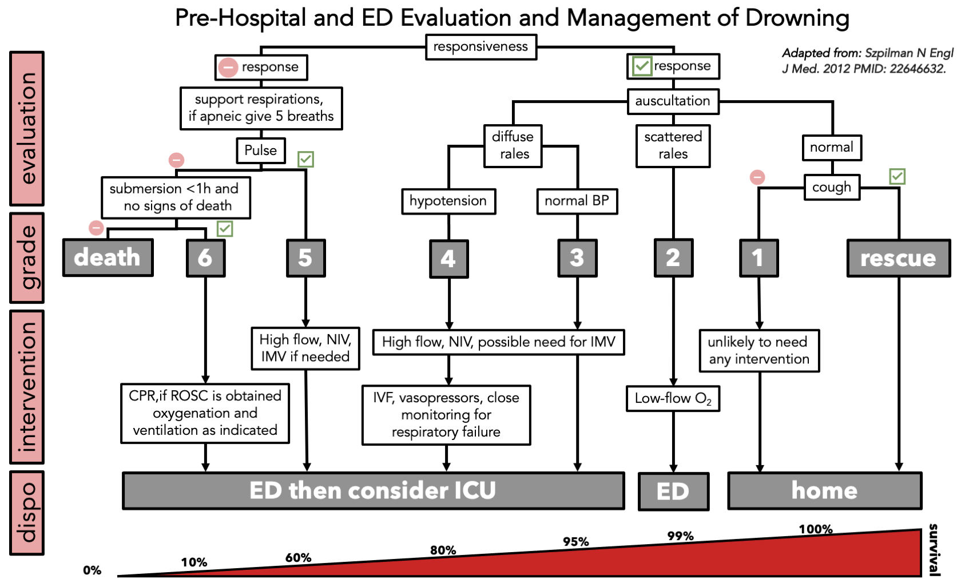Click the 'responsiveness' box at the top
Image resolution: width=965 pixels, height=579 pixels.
tap(481, 47)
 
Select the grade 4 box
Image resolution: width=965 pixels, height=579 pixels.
tap(448, 259)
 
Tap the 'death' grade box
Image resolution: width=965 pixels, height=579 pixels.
tap(108, 257)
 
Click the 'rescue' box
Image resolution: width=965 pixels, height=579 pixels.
tap(898, 258)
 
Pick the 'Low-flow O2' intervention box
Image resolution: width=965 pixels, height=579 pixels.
tap(673, 399)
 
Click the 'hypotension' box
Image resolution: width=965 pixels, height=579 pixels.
tap(448, 201)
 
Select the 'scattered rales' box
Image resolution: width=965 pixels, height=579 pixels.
tap(673, 146)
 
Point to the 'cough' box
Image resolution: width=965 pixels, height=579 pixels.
tap(832, 187)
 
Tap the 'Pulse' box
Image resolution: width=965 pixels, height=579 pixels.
tap(261, 150)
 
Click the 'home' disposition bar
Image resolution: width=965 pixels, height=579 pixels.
tap(824, 490)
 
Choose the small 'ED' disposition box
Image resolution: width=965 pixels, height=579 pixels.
tap(673, 491)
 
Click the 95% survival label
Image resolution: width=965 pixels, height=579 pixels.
tap(575, 541)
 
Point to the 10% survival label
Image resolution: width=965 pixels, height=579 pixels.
tap(194, 562)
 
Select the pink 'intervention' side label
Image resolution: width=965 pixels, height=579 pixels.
tap(27, 387)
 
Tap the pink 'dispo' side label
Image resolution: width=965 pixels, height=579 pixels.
tap(27, 513)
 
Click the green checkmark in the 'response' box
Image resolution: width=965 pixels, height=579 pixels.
tap(642, 66)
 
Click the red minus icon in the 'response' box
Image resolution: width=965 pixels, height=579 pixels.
tap(228, 68)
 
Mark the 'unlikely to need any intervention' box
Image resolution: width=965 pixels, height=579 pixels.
tap(759, 351)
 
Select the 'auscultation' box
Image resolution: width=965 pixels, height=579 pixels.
tap(673, 101)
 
